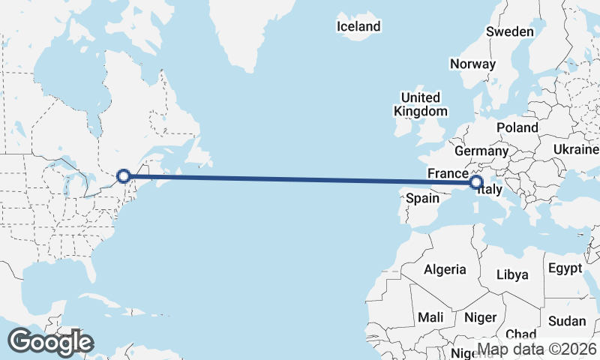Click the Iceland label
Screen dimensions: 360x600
[358, 26]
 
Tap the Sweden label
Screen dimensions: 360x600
[510, 31]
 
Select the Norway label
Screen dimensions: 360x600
[472, 64]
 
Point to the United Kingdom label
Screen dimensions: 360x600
[421, 104]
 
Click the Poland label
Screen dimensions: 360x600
[517, 127]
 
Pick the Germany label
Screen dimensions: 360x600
[481, 151]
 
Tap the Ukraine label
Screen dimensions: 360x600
[575, 149]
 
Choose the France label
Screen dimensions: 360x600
[448, 173]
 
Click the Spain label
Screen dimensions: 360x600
[421, 199]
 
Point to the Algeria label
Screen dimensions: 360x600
[445, 269]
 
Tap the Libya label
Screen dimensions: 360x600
[513, 274]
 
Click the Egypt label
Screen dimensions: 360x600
[565, 268]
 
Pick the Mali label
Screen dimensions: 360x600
[430, 316]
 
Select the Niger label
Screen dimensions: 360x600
[481, 317]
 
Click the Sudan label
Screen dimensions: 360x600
[567, 321]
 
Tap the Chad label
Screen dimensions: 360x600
[521, 334]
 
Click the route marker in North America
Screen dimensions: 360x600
[124, 176]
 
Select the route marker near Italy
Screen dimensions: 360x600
[475, 181]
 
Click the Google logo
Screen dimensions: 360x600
[50, 342]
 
